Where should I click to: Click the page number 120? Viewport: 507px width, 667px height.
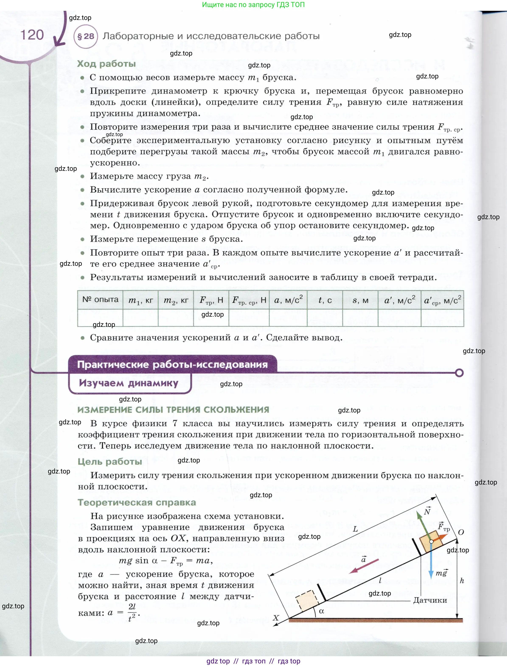click(32, 35)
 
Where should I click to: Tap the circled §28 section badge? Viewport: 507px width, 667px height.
click(86, 36)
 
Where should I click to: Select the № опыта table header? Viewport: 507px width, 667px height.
click(100, 299)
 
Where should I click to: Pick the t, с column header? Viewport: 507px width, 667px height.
click(325, 300)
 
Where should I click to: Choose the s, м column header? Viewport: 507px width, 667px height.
click(360, 300)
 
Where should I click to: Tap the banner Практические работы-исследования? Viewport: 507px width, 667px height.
click(172, 364)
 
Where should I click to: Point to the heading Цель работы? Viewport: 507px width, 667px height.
click(110, 461)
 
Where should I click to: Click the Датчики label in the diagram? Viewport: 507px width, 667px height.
click(430, 600)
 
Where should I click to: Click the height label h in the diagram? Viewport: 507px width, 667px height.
click(462, 581)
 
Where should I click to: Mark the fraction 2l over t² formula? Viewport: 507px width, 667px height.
click(132, 612)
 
